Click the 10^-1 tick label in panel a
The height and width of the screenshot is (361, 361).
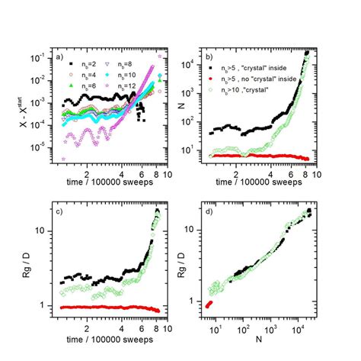click(43, 57)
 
